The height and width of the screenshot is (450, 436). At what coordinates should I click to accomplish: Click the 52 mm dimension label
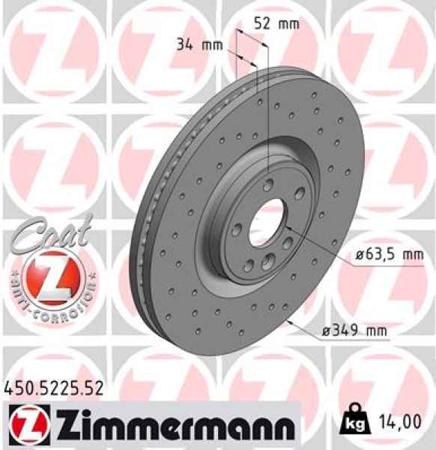276,23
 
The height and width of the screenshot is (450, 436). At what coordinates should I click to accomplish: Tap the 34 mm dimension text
199,43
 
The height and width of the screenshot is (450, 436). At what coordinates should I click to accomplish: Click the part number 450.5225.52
52,388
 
